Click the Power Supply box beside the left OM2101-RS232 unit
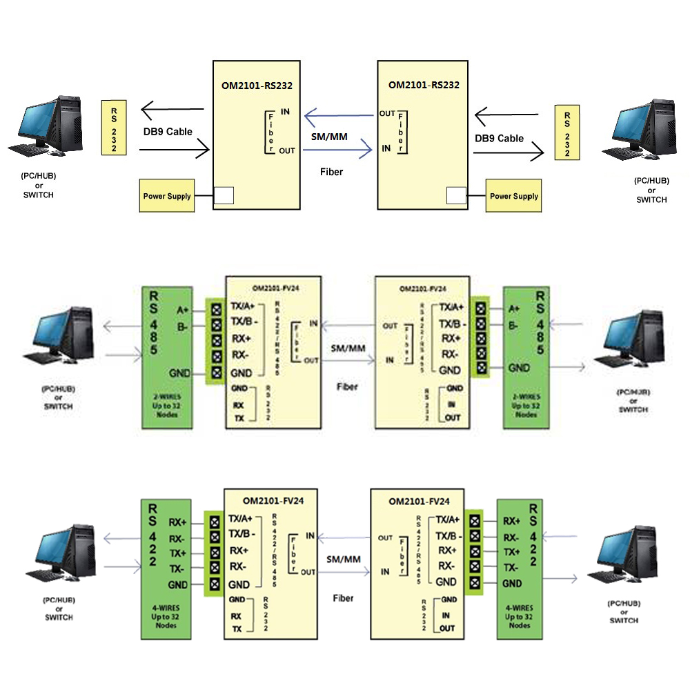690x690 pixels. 167,196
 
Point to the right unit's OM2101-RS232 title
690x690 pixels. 424,86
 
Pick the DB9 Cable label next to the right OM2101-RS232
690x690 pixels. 499,138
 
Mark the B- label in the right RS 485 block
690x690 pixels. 513,324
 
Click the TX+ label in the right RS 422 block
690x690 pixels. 511,552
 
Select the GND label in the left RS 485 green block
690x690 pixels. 179,373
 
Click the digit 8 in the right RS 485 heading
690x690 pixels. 540,335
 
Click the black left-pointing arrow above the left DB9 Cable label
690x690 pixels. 172,109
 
